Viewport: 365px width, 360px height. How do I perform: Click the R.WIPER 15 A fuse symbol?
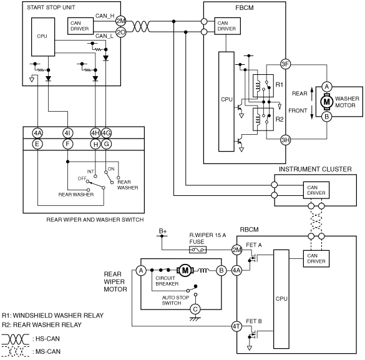(x=198, y=250)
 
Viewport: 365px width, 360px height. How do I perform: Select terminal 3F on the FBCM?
(x=285, y=64)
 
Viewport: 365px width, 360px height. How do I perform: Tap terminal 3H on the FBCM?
(x=285, y=140)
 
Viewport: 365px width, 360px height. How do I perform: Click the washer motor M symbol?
(x=326, y=102)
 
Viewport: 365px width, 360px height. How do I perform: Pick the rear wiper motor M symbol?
(x=185, y=270)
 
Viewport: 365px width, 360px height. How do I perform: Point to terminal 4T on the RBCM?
(x=236, y=326)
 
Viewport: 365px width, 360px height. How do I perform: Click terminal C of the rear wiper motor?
(x=195, y=309)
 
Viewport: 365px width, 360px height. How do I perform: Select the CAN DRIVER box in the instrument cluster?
(x=316, y=190)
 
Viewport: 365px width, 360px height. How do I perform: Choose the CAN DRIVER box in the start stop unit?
(x=80, y=26)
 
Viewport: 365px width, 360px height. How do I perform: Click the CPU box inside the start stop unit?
(x=43, y=37)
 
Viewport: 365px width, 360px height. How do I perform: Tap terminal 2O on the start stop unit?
(x=121, y=32)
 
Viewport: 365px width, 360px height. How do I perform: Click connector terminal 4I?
(x=67, y=133)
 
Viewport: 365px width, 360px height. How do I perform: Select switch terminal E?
(x=37, y=144)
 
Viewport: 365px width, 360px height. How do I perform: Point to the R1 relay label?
(x=279, y=85)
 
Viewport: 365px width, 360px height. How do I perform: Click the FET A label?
(x=254, y=245)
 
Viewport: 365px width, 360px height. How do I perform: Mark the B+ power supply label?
(x=163, y=231)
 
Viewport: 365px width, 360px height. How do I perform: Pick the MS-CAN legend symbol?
(x=16, y=351)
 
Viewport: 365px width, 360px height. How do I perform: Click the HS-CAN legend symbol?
(x=16, y=339)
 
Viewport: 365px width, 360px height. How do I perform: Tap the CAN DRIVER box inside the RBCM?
(x=316, y=259)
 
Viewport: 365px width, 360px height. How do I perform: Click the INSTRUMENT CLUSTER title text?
(x=315, y=169)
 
